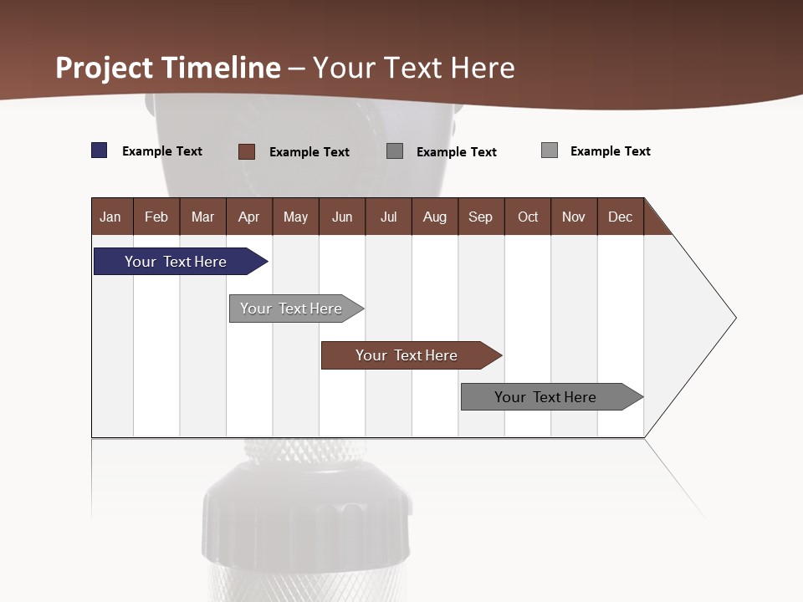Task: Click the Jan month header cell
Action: click(111, 217)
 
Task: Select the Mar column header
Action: click(202, 217)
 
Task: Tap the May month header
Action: click(295, 217)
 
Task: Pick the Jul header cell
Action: click(388, 217)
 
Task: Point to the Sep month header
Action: click(480, 217)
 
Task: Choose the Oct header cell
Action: click(528, 217)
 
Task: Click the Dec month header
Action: click(620, 217)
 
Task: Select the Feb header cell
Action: click(156, 217)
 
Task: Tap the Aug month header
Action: click(434, 217)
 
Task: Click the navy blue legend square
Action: click(100, 150)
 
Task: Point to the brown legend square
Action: click(247, 151)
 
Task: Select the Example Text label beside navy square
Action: click(162, 151)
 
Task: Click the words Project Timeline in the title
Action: click(168, 68)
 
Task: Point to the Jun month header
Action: click(342, 217)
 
